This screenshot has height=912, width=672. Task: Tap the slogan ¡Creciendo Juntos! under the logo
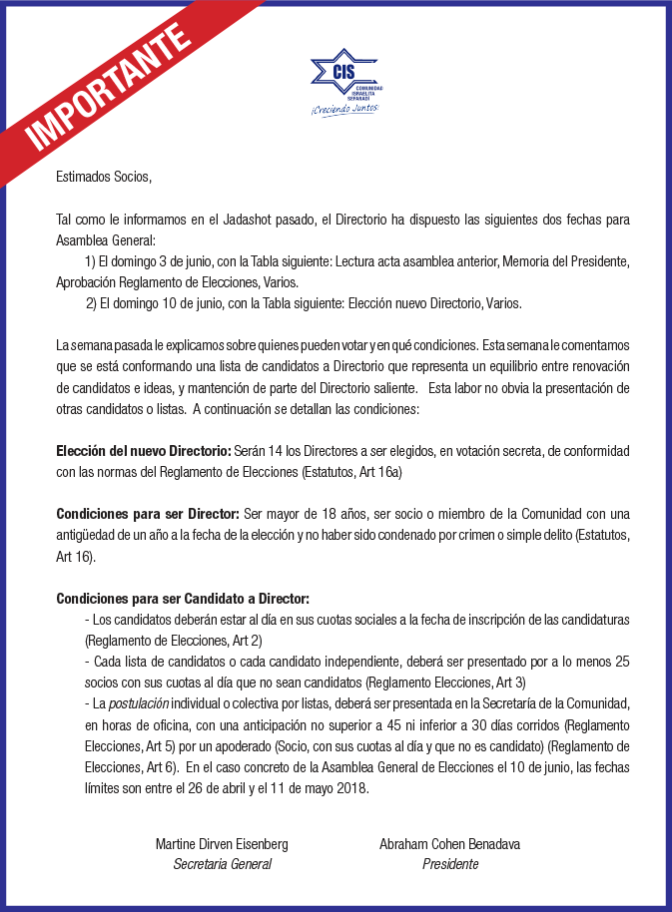[344, 109]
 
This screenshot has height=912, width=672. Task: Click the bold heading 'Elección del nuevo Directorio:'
[144, 451]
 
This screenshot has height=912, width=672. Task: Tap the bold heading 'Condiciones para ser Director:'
[148, 514]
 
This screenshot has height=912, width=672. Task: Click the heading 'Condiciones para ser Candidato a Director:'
[183, 599]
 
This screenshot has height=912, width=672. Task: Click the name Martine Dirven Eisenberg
[222, 844]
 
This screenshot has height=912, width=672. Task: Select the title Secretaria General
[222, 864]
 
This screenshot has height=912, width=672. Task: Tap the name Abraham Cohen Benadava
[449, 844]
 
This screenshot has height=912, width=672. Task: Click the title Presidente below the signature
[449, 864]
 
